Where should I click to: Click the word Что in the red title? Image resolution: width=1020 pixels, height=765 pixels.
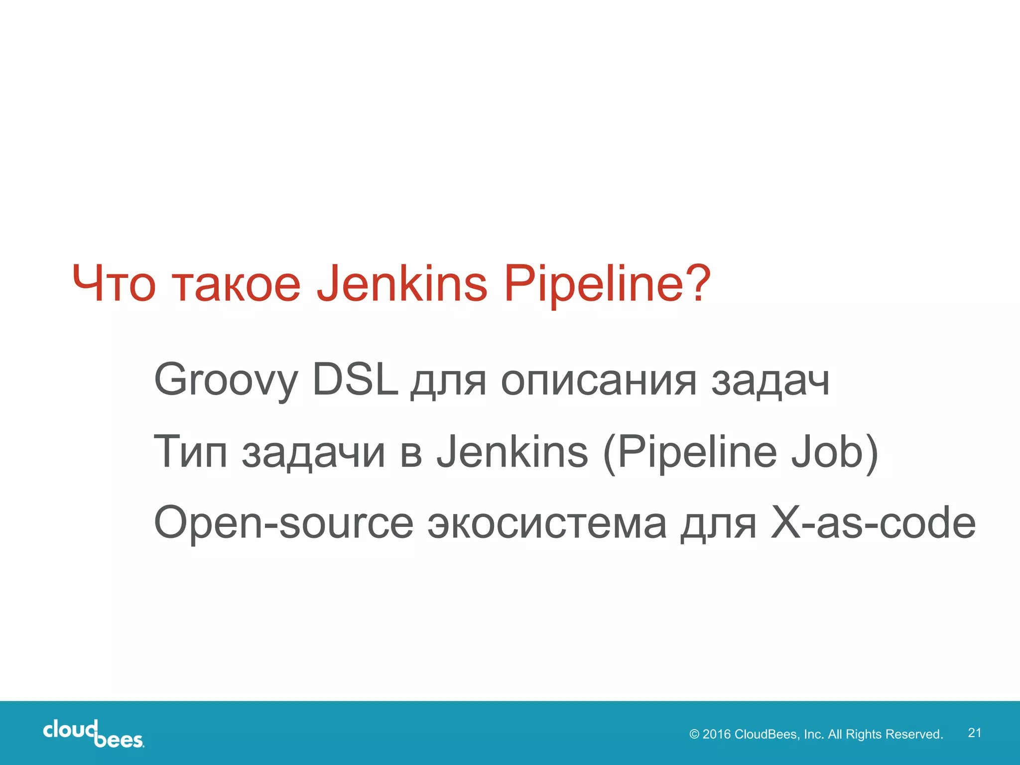(114, 283)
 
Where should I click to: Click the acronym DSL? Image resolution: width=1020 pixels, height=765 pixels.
(355, 379)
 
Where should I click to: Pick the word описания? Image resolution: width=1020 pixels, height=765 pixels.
(598, 381)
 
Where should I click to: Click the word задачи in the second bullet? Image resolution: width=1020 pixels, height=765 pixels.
(313, 454)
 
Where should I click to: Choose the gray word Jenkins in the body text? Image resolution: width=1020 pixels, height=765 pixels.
(512, 452)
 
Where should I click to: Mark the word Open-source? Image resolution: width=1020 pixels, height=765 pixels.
(283, 523)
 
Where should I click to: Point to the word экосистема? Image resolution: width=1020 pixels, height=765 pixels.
(547, 524)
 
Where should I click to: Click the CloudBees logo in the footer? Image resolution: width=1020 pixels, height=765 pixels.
(94, 734)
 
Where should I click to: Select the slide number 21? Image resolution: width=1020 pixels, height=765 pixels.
(975, 733)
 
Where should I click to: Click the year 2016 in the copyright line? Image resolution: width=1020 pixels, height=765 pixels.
(716, 734)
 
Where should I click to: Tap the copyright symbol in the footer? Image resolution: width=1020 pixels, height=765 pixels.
(694, 734)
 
